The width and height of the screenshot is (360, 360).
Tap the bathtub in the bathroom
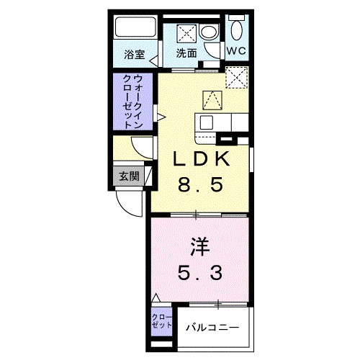[x=135, y=31]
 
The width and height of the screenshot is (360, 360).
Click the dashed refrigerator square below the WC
[x=235, y=75]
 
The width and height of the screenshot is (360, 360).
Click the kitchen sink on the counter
[x=207, y=122]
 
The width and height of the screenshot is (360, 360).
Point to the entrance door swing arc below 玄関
[x=133, y=205]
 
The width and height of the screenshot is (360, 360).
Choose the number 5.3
[x=199, y=273]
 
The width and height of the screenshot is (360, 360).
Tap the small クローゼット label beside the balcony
[x=162, y=321]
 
